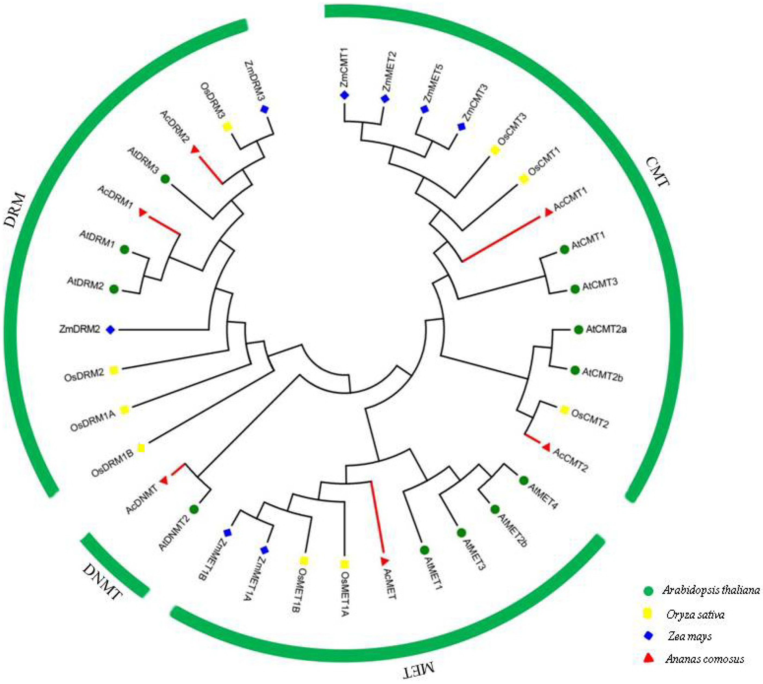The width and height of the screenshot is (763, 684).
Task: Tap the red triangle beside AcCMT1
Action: pos(548,213)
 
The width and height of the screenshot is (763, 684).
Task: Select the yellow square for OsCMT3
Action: pos(495,150)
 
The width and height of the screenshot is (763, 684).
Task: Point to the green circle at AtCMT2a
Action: pos(578,330)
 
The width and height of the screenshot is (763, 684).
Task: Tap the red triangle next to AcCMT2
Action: pos(546,448)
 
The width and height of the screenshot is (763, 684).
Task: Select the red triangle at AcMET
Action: pos(384,561)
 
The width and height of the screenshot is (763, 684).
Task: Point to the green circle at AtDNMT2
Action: pos(194,510)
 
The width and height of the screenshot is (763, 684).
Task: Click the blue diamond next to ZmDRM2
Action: pos(110,330)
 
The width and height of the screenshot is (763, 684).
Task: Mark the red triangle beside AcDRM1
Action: pos(142,213)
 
